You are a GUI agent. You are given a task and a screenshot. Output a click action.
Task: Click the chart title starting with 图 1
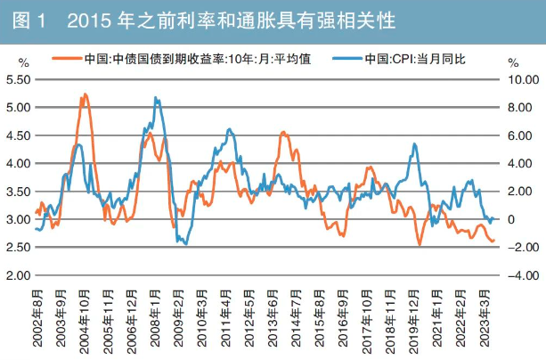click(205, 19)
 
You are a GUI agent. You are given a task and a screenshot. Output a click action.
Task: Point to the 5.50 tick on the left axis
click(19, 79)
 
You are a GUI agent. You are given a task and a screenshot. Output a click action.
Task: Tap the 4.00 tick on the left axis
click(19, 163)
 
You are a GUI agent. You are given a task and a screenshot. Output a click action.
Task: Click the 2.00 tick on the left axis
click(19, 275)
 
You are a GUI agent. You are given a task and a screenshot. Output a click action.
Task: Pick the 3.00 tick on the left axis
click(19, 219)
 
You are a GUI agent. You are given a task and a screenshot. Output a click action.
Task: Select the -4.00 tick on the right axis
click(519, 275)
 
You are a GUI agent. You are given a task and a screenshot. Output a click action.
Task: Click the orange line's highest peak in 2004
click(85, 94)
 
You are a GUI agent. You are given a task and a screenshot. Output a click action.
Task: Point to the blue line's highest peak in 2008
click(156, 98)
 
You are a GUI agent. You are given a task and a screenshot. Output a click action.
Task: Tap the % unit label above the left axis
click(23, 62)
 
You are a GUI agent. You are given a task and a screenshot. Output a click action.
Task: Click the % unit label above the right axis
click(513, 62)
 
